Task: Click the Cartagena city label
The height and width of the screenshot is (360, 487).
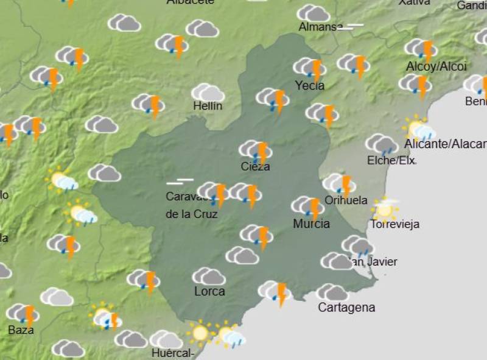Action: click(x=346, y=308)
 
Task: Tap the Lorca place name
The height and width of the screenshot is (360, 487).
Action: click(x=209, y=291)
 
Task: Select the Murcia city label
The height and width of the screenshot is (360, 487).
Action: click(x=311, y=224)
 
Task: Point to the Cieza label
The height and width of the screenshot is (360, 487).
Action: click(x=255, y=166)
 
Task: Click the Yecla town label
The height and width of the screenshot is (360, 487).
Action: click(x=309, y=85)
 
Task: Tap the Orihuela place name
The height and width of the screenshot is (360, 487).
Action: click(x=346, y=200)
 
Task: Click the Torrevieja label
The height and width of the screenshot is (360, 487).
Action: click(x=395, y=224)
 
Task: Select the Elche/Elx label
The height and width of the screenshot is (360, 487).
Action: click(x=391, y=160)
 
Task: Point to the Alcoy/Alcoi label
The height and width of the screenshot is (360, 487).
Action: click(x=436, y=66)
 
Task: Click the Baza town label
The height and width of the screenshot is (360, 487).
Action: click(x=21, y=330)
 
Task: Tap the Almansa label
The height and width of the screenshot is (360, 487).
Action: click(x=321, y=27)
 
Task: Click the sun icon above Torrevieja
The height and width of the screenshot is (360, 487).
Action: click(x=385, y=208)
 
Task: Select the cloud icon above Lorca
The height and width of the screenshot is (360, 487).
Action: click(x=209, y=276)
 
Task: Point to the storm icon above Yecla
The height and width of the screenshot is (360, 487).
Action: click(x=310, y=68)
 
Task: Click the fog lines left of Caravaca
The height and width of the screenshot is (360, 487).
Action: click(x=180, y=181)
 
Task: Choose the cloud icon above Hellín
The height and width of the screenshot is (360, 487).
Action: click(x=208, y=93)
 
